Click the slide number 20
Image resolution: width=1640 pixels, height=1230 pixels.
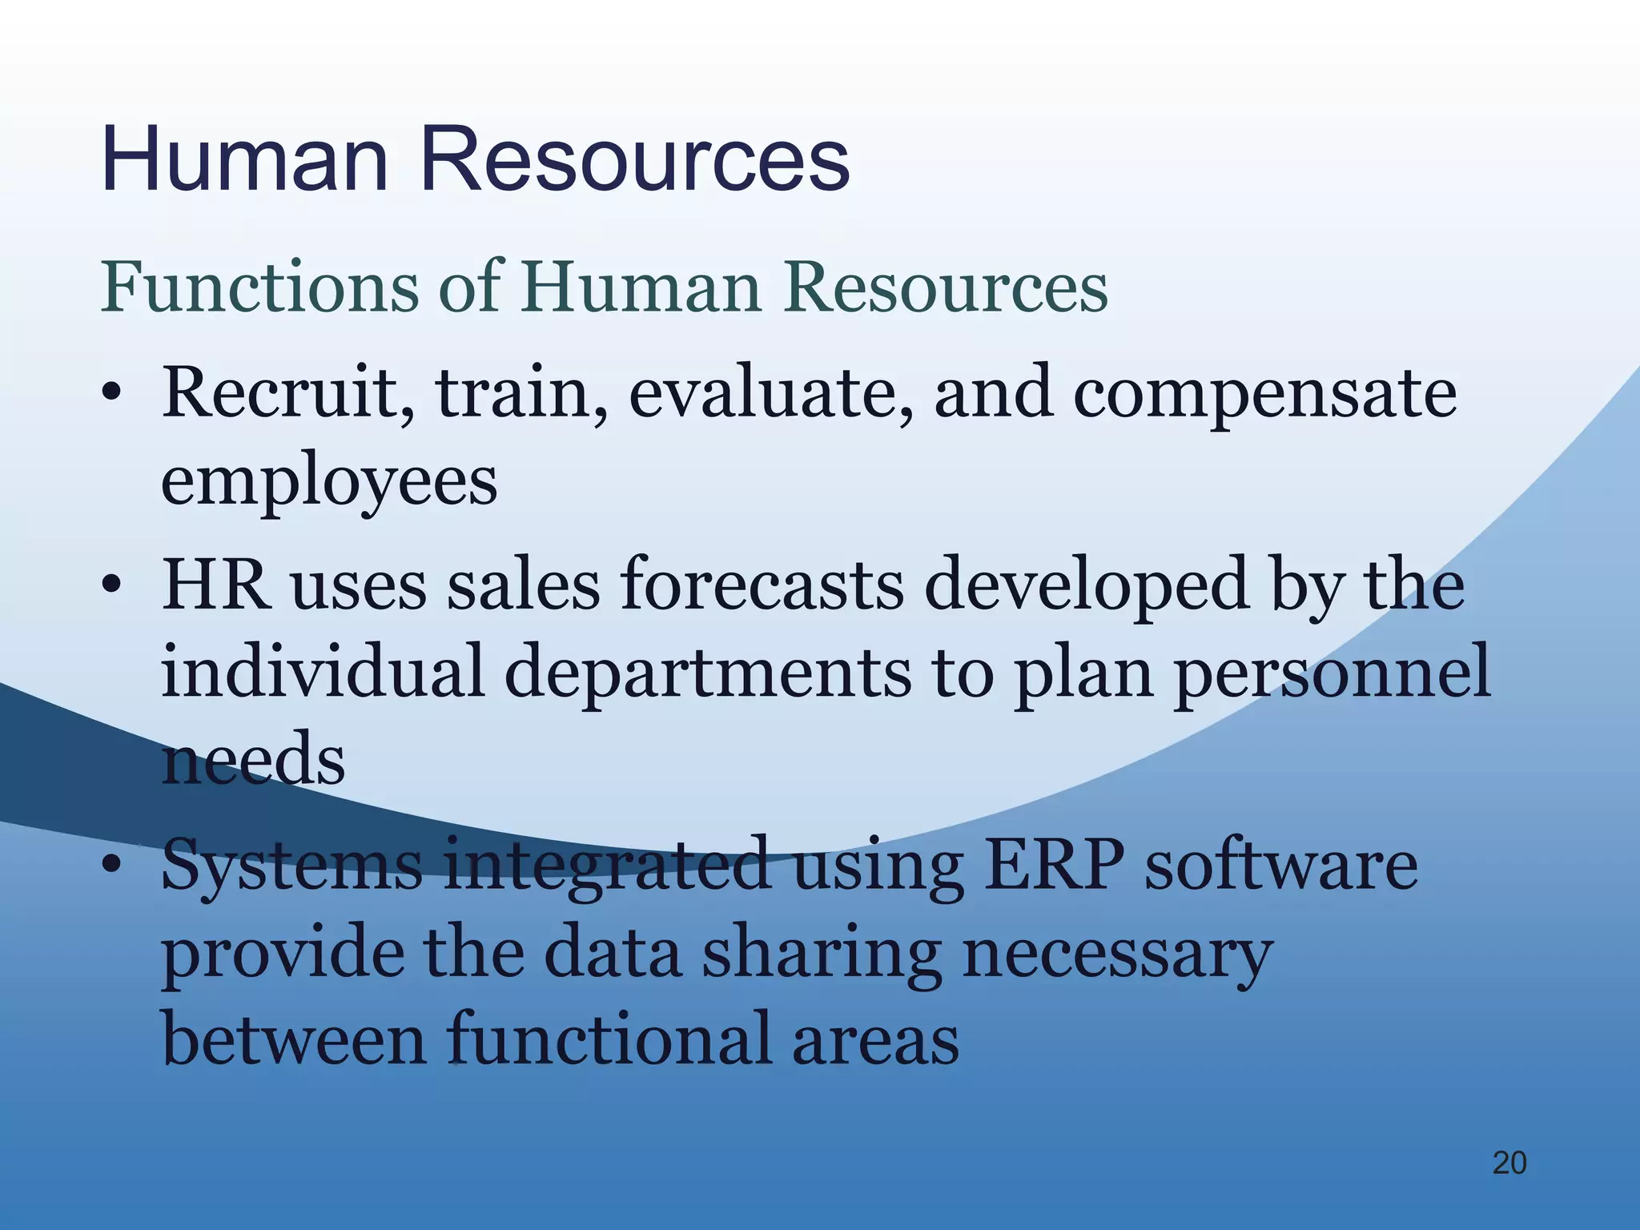[1509, 1163]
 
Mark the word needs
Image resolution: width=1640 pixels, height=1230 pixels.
[253, 760]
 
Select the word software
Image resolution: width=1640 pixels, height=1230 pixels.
[1280, 866]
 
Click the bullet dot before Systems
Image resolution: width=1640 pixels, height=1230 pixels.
[112, 865]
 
